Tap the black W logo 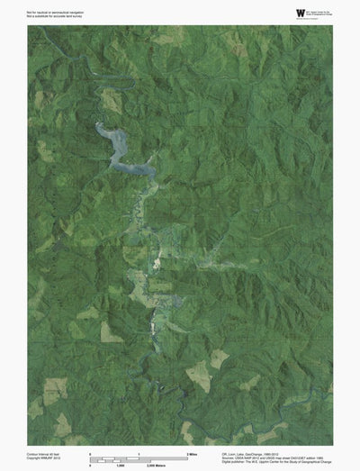tap(274, 12)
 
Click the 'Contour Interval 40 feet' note tap(48, 453)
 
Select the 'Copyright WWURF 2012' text tap(47, 458)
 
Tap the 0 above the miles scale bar tap(90, 453)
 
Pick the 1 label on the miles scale tap(139, 453)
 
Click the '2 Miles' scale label tap(192, 453)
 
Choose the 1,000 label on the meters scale tap(118, 465)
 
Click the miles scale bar tap(139, 457)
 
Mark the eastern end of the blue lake tap(151, 172)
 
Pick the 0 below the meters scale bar tap(90, 465)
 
